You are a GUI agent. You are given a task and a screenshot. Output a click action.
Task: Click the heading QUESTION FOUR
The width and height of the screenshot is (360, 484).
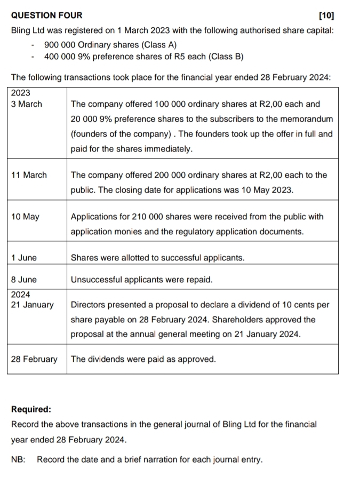[47, 15]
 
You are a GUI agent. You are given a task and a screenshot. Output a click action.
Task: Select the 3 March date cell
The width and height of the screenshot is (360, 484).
[26, 104]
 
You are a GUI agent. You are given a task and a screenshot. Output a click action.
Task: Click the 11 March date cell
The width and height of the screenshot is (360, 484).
[29, 175]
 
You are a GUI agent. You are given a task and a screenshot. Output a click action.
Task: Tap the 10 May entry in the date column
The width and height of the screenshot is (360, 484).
[25, 217]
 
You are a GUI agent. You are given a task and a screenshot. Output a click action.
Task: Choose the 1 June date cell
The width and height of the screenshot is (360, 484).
[24, 258]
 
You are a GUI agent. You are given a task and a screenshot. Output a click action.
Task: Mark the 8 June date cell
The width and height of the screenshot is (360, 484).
[24, 279]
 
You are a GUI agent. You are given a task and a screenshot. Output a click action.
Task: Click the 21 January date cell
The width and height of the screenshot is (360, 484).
[32, 305]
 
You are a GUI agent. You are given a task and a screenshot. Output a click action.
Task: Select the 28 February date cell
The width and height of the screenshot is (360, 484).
[34, 359]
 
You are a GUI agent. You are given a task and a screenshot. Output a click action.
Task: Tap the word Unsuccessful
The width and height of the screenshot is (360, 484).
[98, 279]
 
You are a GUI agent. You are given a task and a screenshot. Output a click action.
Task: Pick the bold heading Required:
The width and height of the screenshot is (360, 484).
[31, 409]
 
